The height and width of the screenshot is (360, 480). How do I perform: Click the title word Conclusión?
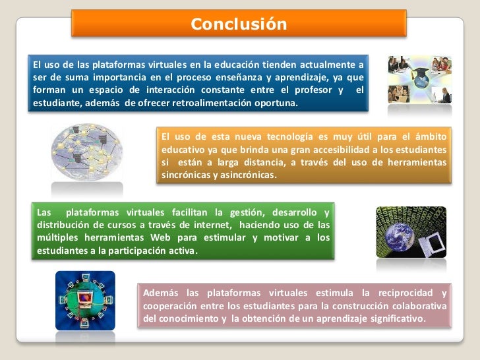(x=239, y=24)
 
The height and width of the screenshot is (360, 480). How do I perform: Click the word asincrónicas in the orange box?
(x=243, y=175)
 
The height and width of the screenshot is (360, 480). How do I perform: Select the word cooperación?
(x=171, y=306)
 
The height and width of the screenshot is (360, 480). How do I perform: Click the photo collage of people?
(x=419, y=79)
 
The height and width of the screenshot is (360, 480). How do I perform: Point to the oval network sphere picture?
(x=87, y=152)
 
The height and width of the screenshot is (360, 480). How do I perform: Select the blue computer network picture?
(x=85, y=301)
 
